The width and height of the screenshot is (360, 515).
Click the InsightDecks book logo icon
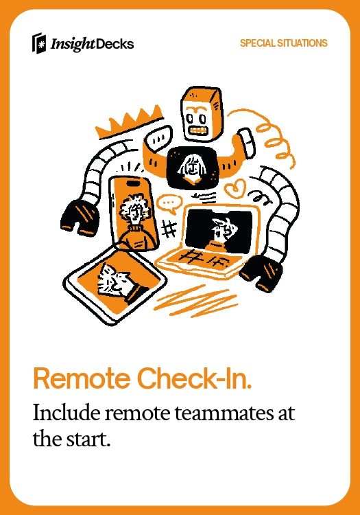[x=38, y=43]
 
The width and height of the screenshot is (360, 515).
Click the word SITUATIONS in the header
[x=302, y=43]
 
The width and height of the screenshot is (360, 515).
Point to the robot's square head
[x=202, y=113]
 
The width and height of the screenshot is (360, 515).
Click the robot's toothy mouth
[x=199, y=130]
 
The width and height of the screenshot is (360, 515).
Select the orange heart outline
[x=235, y=188]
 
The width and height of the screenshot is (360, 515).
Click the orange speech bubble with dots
[x=169, y=204]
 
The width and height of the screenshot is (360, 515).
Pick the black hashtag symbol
[x=169, y=229]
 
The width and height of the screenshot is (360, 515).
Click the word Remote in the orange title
[x=82, y=378]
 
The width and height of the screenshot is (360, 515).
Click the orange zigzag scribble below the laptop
[x=195, y=301]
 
